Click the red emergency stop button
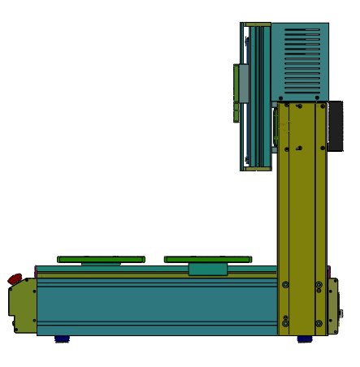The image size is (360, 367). [x=15, y=279]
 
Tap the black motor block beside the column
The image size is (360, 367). [x=335, y=126]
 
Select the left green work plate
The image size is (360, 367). [x=101, y=259]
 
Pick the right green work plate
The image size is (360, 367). [x=207, y=259]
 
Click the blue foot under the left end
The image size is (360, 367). [x=61, y=339]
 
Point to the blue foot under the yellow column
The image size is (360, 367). [x=304, y=339]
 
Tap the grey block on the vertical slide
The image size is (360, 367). [x=242, y=83]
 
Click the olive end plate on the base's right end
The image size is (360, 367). [x=332, y=306]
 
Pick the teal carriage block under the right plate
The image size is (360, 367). [x=208, y=269]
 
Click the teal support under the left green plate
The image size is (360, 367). [x=101, y=264]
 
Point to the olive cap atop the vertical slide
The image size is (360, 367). [x=258, y=24]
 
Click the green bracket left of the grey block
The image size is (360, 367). [x=236, y=93]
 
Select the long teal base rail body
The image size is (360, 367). [x=154, y=304]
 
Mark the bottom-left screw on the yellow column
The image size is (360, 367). [x=285, y=322]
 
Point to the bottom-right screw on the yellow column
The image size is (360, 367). [x=319, y=322]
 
